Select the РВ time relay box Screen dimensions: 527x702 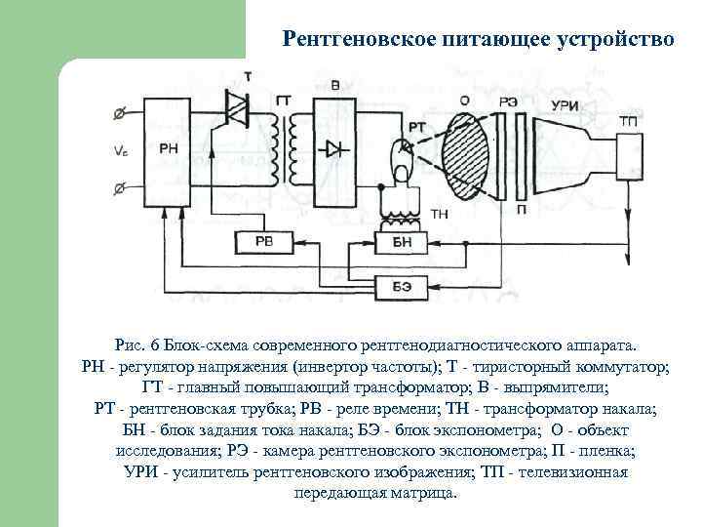click(x=263, y=240)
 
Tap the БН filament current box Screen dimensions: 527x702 click(x=402, y=240)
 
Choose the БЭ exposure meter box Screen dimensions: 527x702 click(x=402, y=284)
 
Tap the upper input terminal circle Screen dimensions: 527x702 click(x=119, y=113)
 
